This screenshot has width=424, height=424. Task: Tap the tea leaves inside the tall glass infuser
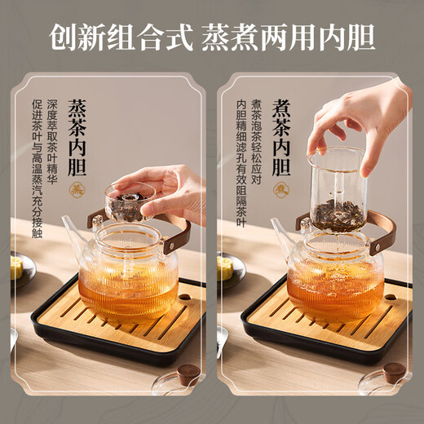(x=335, y=213)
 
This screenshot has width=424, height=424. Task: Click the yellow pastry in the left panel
(x=17, y=268)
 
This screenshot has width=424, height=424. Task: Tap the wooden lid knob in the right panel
(x=395, y=374)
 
